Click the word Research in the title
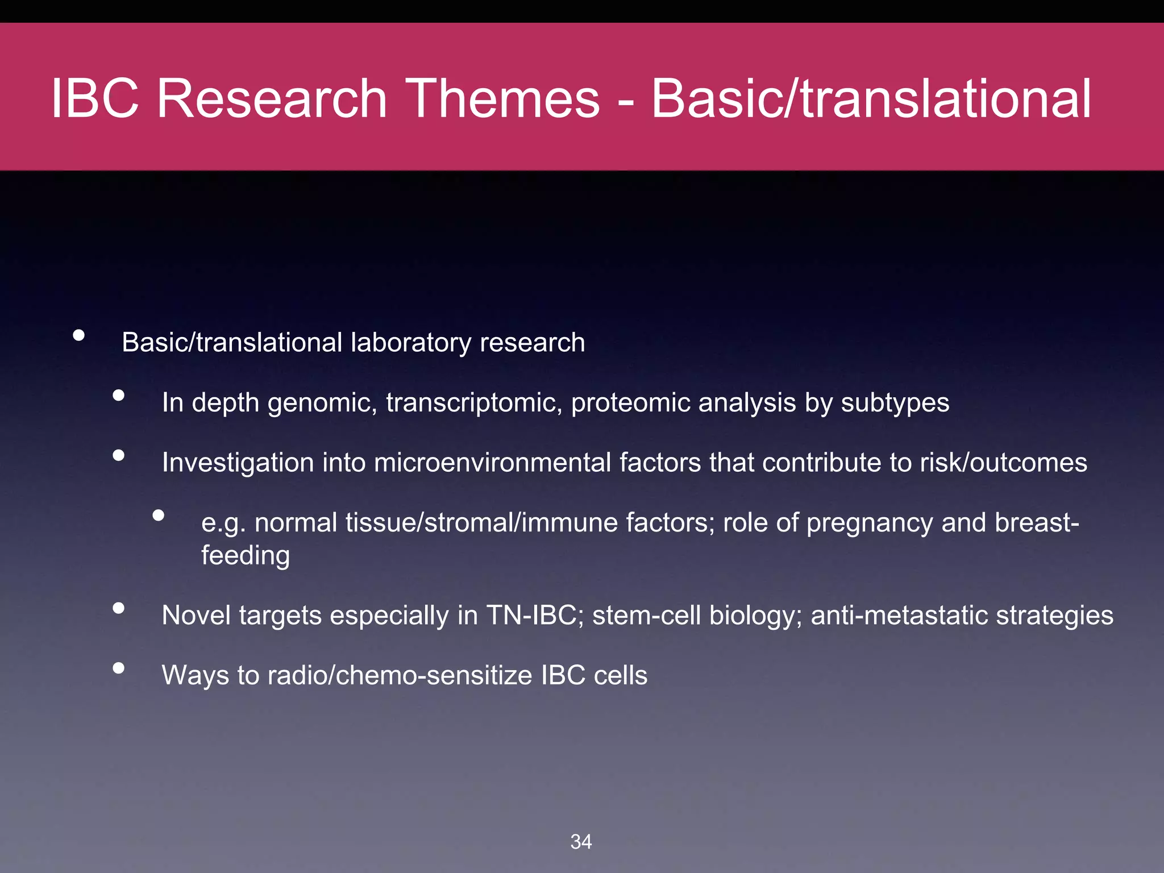[x=272, y=98]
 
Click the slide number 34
[x=581, y=842]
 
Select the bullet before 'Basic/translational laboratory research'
[x=79, y=335]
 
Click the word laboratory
[x=411, y=343]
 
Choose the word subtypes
[x=895, y=403]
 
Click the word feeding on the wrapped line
[x=246, y=556]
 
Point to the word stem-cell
[x=646, y=616]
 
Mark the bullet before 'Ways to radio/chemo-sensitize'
[x=118, y=668]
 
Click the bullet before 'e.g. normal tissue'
[x=159, y=516]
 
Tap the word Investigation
[x=238, y=463]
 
